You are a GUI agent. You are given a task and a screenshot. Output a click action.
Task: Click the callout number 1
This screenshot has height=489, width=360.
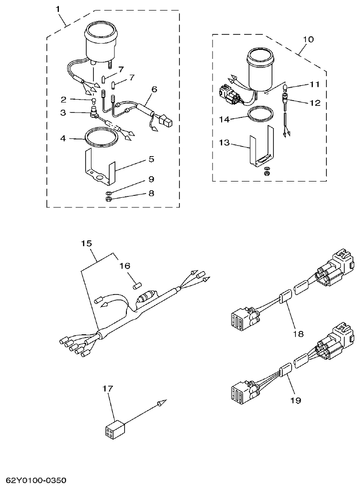pos(58,9)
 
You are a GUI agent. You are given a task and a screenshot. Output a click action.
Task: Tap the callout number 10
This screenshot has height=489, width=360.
pos(309,39)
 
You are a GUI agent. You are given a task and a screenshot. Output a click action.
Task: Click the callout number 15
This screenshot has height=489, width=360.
pos(86,243)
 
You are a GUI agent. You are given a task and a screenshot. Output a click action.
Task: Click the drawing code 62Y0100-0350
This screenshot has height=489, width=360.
pos(36,480)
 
